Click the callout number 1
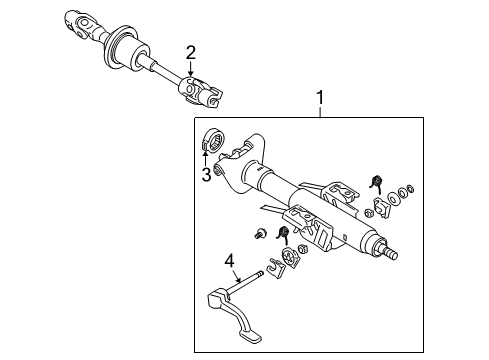320,99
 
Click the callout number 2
190,52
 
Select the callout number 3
206,176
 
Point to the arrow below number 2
190,70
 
